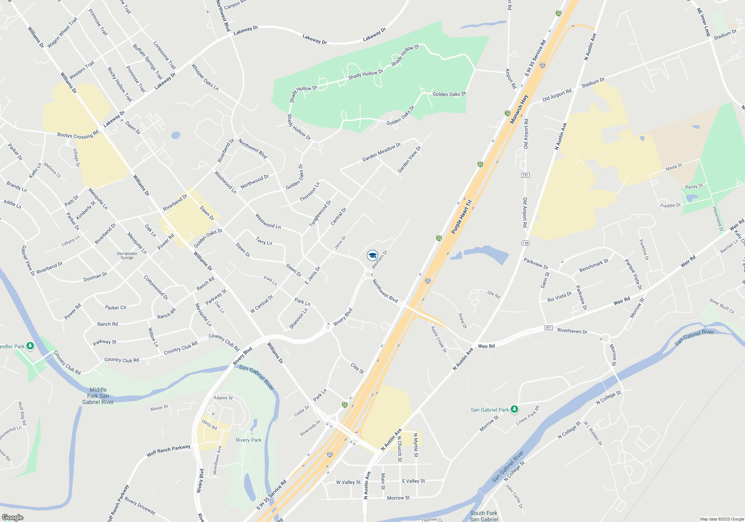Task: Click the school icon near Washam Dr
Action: pos(372,255)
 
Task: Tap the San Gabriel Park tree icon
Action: pos(514,409)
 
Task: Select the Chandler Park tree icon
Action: pos(30,346)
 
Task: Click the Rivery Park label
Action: pos(248,440)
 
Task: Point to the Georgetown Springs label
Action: pos(127,255)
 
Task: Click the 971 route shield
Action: pos(548,328)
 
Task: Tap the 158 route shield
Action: pos(525,243)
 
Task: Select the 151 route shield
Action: pos(525,175)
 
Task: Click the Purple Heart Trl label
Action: pos(462,217)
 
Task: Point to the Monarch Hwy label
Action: pos(519,109)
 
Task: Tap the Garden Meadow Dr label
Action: pos(381,152)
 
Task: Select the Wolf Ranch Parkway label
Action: pos(168,450)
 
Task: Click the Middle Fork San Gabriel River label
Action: pos(98,396)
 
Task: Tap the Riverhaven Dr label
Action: pos(572,331)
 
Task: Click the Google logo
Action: pos(12,517)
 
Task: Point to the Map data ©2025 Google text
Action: pos(722,519)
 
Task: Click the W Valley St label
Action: pos(348,482)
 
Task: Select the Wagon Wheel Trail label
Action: pos(62,32)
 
